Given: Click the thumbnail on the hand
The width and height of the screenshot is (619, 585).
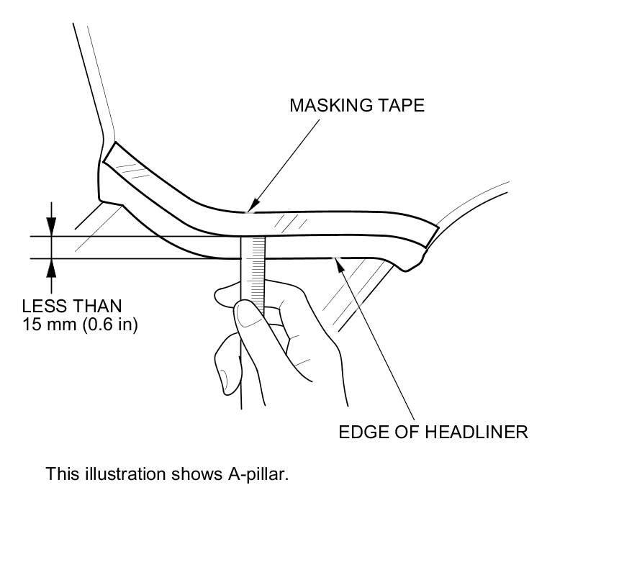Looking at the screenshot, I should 246,313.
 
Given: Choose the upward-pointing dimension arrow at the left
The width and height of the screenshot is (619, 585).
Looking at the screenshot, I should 51,266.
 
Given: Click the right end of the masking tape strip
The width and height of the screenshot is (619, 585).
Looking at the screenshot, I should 430,235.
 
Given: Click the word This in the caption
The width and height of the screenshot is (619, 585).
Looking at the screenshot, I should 60,474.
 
